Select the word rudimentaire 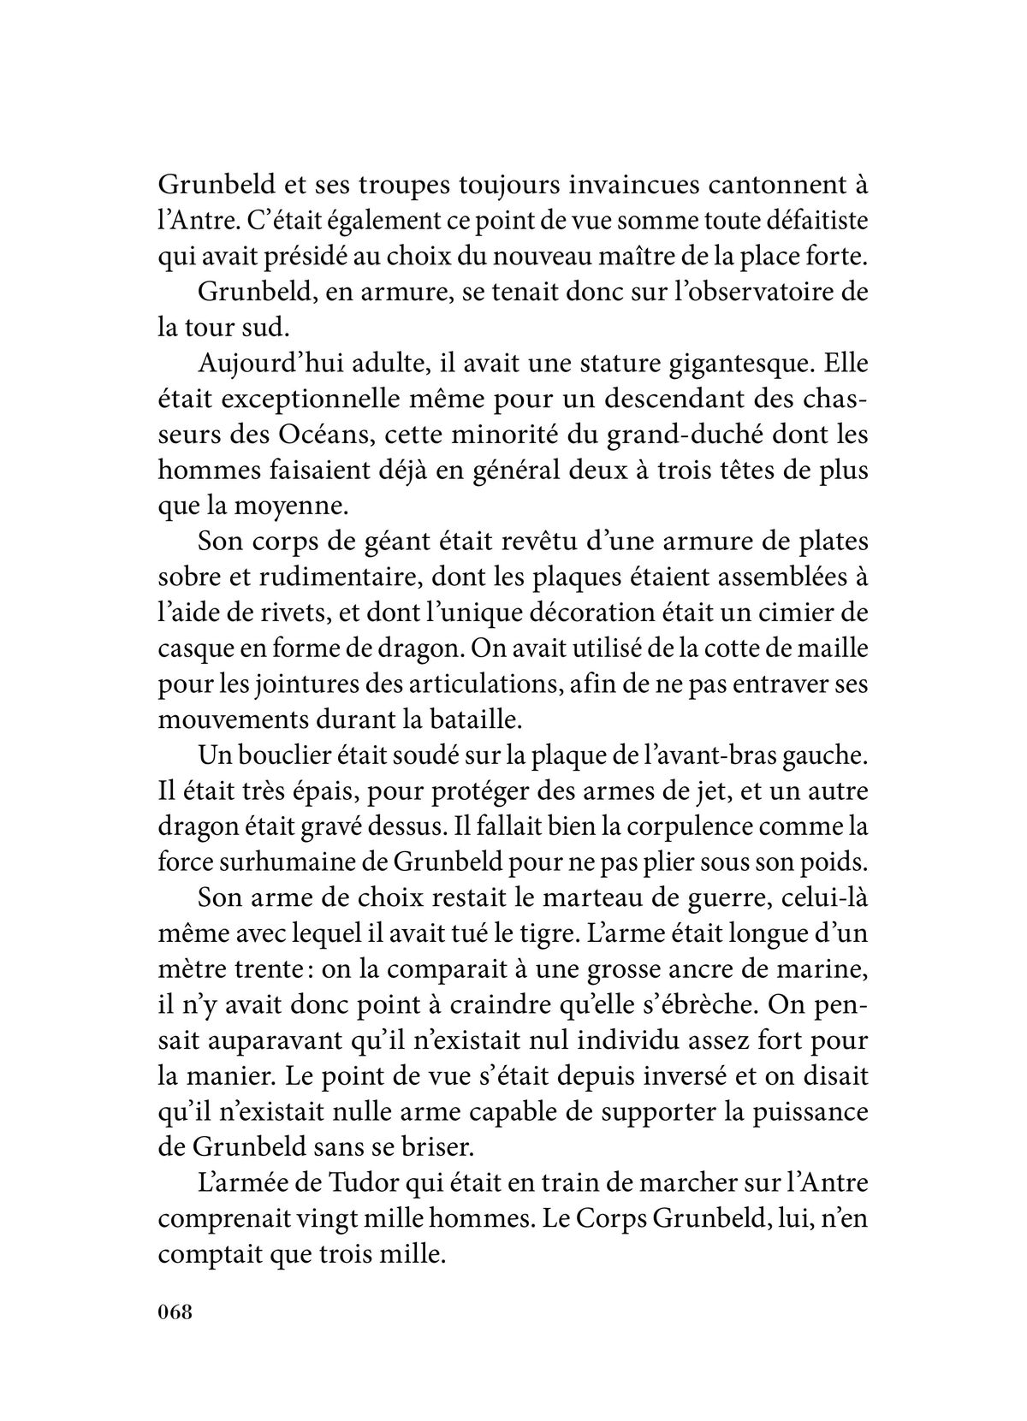[x=321, y=577]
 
